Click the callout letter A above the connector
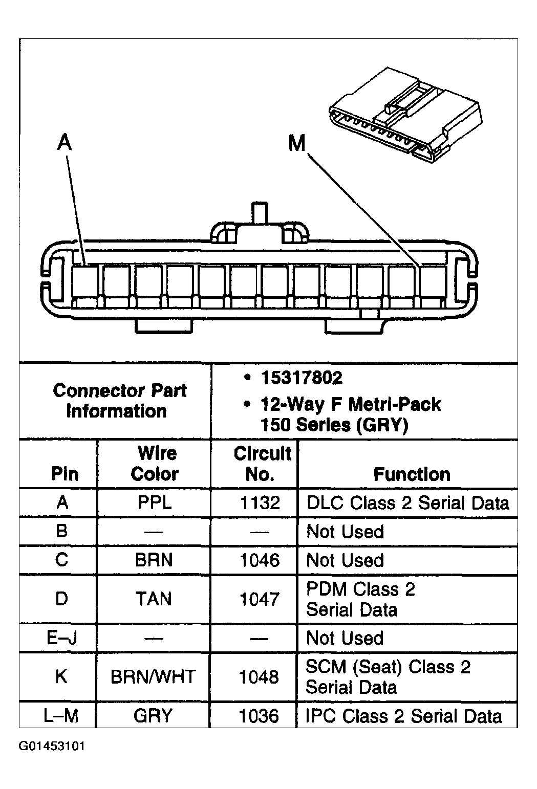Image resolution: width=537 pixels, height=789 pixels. (64, 143)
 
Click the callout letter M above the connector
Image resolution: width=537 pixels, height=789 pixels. (297, 144)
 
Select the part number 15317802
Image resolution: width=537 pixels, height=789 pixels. (301, 378)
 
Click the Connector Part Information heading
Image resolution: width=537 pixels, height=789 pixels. (119, 401)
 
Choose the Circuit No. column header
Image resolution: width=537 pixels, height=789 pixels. (261, 464)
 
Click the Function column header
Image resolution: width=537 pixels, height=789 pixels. (412, 474)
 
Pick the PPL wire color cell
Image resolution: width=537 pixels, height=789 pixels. (155, 502)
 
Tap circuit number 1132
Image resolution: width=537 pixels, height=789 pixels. (260, 502)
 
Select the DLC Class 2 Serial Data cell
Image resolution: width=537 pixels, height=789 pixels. (408, 502)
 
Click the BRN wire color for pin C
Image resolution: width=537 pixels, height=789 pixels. (154, 560)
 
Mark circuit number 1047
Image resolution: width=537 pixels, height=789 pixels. (260, 599)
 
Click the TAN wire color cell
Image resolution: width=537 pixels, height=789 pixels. (154, 599)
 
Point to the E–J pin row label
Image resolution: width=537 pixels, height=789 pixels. (61, 638)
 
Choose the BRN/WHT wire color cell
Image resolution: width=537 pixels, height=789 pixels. (154, 677)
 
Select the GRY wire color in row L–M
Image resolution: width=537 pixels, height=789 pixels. (153, 715)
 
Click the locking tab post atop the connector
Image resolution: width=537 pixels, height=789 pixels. (260, 213)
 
